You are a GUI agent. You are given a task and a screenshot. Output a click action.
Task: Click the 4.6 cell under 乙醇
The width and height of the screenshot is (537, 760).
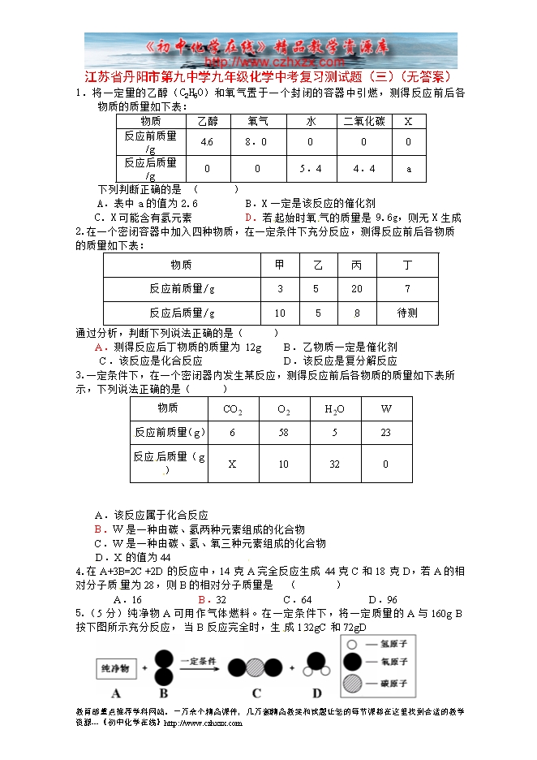click(207, 142)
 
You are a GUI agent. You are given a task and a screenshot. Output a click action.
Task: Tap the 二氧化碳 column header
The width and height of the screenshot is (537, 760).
click(364, 121)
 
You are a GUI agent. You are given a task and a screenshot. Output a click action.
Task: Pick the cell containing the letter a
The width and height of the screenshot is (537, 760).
click(409, 169)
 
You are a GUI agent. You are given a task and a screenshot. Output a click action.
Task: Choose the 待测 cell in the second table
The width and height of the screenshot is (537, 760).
click(407, 313)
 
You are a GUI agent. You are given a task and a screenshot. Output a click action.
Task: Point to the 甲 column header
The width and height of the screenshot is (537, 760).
click(280, 265)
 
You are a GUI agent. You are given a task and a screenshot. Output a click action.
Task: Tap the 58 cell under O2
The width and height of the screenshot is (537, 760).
click(283, 433)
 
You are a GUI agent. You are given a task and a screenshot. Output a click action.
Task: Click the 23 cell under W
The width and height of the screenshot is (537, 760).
click(385, 433)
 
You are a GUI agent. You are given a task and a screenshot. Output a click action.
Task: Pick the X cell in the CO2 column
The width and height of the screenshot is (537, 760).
click(232, 464)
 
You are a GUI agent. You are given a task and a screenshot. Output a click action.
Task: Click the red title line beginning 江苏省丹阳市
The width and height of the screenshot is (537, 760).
click(267, 77)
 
